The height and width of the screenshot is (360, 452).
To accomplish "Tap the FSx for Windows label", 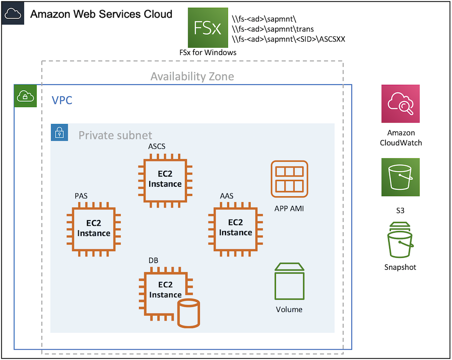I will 208,52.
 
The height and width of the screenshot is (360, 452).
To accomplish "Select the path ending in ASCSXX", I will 288,39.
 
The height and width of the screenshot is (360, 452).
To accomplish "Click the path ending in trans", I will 273,29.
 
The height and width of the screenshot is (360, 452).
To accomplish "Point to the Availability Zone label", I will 192,76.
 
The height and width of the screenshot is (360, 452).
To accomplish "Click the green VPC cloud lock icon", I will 25,96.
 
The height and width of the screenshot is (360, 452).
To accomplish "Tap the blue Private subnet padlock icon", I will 59,132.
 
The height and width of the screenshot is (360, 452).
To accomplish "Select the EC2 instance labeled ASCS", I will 165,179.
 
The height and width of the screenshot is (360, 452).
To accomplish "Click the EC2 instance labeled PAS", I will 94,228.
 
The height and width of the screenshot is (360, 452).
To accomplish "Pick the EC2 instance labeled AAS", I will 235,227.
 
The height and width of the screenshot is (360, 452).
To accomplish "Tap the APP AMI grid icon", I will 289,179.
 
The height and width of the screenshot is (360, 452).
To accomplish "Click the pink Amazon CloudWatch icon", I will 400,104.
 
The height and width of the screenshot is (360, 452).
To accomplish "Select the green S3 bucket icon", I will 400,177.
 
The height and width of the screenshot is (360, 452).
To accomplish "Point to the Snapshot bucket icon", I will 400,241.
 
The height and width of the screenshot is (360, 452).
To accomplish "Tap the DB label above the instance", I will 153,261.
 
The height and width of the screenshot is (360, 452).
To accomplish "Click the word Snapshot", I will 400,267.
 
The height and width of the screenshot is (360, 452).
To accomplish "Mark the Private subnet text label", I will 115,136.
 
